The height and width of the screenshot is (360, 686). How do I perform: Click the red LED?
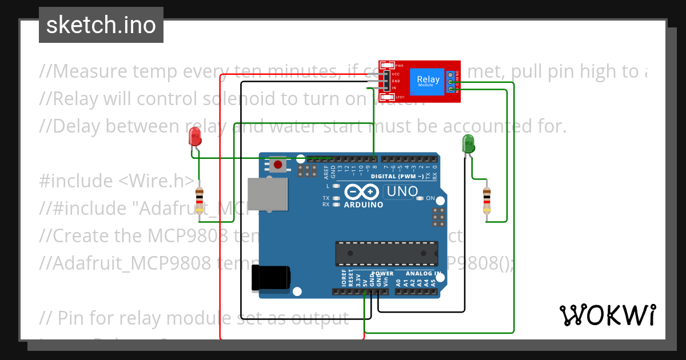pos(195,137)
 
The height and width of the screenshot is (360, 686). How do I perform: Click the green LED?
pos(468,143)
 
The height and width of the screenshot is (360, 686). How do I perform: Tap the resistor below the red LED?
pos(199,201)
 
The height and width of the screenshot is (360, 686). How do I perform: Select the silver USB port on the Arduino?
pos(268,193)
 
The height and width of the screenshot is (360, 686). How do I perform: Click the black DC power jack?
pos(271,279)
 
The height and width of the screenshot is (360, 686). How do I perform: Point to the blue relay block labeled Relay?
pos(428,81)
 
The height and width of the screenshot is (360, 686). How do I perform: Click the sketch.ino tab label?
pos(101,25)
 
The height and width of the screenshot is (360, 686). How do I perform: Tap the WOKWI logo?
pos(607,315)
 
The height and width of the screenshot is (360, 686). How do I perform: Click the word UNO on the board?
pos(402,192)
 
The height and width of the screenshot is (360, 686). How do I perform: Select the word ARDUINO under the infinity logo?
pos(364,204)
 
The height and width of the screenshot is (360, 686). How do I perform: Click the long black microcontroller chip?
pos(386,254)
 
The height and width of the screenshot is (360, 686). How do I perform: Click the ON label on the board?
pos(430,198)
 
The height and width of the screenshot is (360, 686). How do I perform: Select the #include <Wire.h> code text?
pos(117,181)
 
